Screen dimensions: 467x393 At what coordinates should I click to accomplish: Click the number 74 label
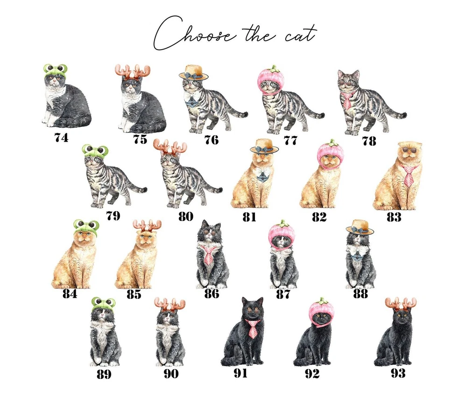61,138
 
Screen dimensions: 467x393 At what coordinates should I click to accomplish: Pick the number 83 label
394,217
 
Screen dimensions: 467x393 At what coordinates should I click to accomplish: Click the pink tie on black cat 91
253,329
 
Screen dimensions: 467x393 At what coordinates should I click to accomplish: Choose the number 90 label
171,374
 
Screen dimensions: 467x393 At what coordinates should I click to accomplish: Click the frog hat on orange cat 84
86,227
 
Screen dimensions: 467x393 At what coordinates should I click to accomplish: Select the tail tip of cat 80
220,189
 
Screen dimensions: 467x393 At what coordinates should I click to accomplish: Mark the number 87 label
283,294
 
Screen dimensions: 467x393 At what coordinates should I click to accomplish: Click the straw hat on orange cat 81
263,146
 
